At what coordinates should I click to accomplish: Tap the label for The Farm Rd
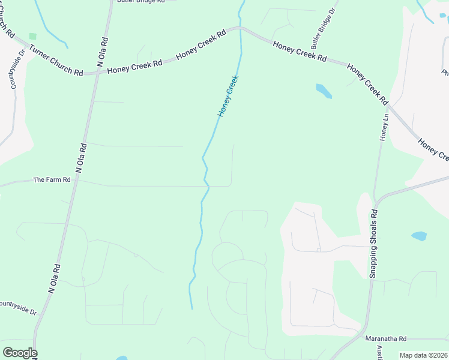coord(52,179)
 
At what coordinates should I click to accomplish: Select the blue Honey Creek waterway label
coord(228,95)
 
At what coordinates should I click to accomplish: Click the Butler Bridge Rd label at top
coord(140,2)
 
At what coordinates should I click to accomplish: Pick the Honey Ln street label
coord(384,128)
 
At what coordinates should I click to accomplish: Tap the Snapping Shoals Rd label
coord(373,243)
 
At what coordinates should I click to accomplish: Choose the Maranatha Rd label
coord(386,338)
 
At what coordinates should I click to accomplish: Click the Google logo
coord(20,353)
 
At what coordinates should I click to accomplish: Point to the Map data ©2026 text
coord(423,355)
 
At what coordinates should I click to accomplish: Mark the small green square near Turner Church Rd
coord(32,36)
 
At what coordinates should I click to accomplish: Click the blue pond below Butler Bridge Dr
coord(324,91)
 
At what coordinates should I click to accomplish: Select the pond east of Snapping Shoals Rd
coord(419,236)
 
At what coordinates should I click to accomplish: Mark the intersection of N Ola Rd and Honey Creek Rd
coord(96,73)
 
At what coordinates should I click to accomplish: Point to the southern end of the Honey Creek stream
coord(192,308)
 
